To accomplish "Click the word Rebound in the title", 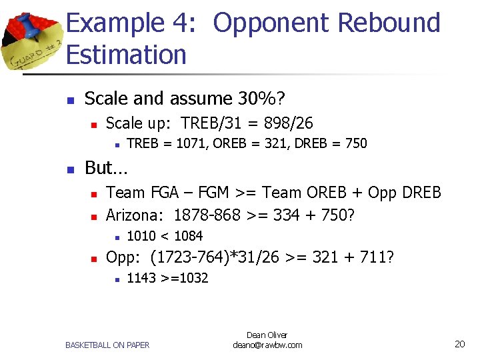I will [x=389, y=23].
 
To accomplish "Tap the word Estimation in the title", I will [x=126, y=55].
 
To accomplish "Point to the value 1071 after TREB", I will [x=189, y=143].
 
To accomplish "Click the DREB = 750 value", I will [x=333, y=143].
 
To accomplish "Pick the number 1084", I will [x=189, y=235].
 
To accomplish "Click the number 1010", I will [x=141, y=235].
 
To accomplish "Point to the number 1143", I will [x=141, y=278].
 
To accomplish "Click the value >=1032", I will [x=184, y=278].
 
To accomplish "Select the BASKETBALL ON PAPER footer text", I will [x=107, y=345].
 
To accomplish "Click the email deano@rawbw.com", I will [x=267, y=345].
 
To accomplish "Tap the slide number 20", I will [x=459, y=344].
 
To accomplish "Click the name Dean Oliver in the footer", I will [x=267, y=335].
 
